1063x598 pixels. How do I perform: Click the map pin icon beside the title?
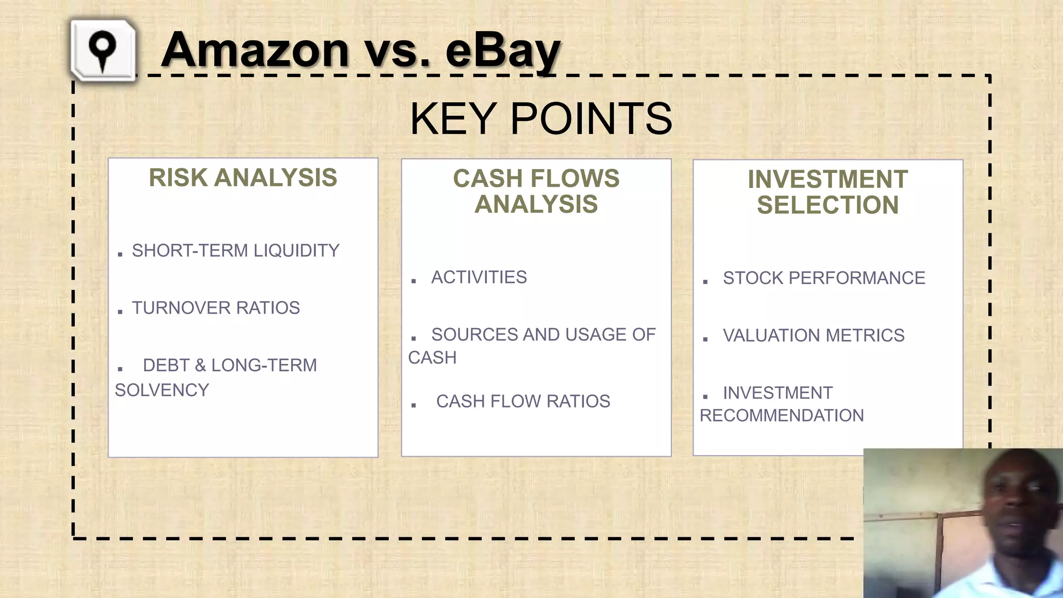[103, 51]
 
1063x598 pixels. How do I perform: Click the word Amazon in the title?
[254, 50]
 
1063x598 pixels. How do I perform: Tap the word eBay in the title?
[502, 50]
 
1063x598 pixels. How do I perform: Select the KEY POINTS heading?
[540, 119]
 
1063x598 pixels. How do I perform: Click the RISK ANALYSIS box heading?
[243, 178]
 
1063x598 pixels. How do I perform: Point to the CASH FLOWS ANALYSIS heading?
[536, 191]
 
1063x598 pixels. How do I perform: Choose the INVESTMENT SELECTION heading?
[827, 192]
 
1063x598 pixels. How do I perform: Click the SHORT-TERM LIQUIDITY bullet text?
[235, 251]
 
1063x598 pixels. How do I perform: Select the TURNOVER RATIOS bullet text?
[215, 308]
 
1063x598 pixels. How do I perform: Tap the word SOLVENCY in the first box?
[162, 390]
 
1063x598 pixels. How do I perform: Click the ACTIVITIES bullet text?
[479, 277]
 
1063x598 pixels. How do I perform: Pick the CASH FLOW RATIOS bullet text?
[523, 401]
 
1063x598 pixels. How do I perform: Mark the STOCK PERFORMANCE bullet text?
[824, 278]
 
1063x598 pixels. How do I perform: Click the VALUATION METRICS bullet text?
[813, 335]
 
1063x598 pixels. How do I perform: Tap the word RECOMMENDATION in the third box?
[782, 415]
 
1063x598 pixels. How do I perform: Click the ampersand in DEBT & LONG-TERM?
[200, 365]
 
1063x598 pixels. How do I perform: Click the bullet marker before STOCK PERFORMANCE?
[705, 282]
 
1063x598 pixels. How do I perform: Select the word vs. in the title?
[397, 50]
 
